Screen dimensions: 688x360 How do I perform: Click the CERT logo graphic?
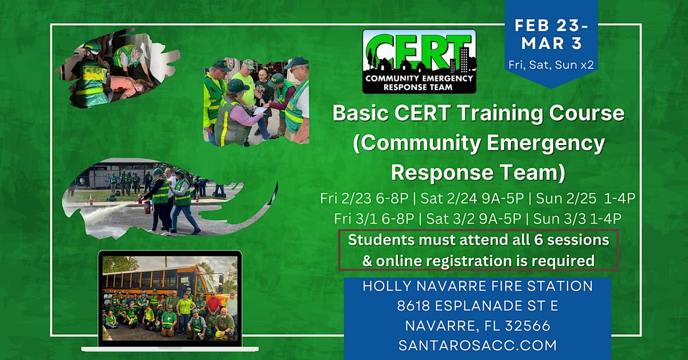coord(419,61)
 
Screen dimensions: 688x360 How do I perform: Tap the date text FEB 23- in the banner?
coord(552,25)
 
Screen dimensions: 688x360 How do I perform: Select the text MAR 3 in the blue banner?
coord(552,44)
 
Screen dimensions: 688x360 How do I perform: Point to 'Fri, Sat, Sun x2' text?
coord(551,65)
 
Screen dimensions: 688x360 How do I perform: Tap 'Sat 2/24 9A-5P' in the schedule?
coord(472,198)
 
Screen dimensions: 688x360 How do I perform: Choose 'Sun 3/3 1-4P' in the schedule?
coord(577,219)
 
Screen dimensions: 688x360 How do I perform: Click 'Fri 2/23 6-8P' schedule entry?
coord(364,198)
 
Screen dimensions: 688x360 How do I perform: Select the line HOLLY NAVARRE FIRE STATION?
coord(478,286)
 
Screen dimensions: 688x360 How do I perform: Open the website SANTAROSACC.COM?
coord(478,346)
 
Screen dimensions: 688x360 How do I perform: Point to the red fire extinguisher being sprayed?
coord(147,207)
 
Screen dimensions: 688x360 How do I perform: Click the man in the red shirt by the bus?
coord(214,307)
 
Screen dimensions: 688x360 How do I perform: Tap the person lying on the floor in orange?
coord(129,87)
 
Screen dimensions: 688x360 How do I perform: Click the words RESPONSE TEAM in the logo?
coord(418,88)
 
